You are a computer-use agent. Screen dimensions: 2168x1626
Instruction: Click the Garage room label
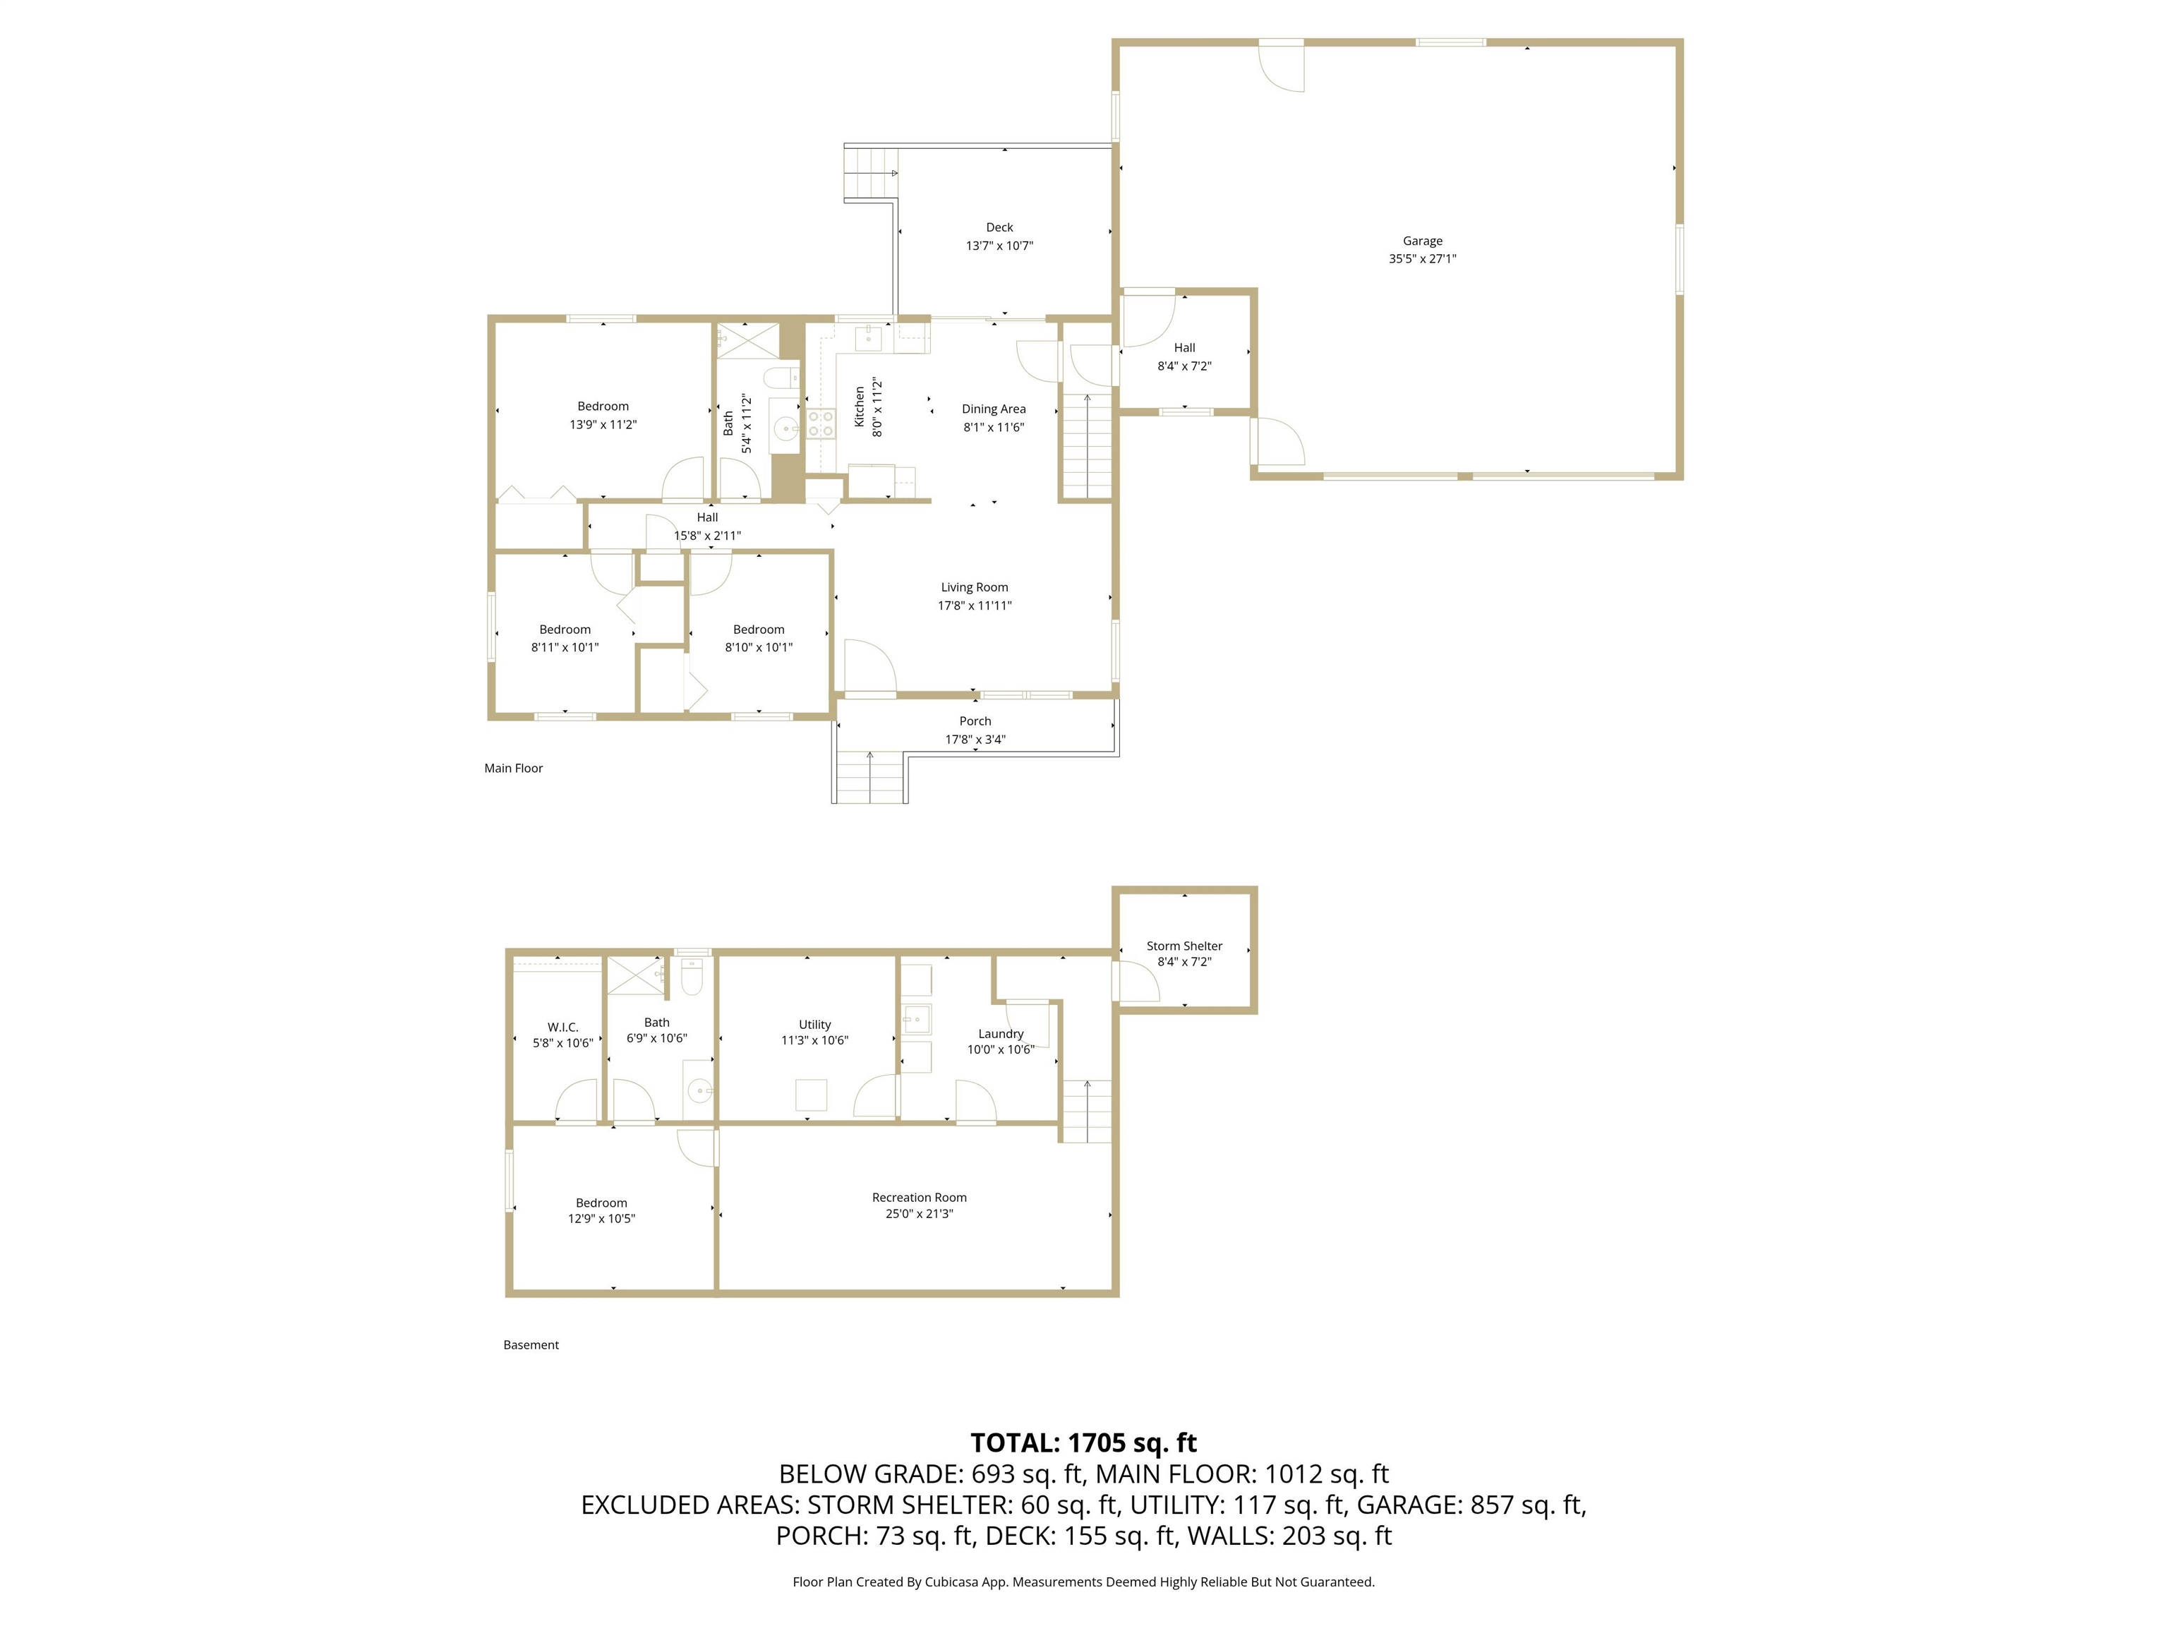click(x=1422, y=241)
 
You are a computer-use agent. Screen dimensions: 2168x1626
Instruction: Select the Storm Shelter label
click(x=1184, y=946)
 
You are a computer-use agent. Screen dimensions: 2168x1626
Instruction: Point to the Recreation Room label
click(x=920, y=1198)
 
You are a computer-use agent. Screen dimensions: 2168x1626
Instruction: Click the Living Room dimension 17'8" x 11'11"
click(x=974, y=606)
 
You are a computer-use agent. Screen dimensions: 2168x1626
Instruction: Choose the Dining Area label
click(x=994, y=410)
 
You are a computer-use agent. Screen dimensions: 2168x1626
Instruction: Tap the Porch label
click(x=975, y=721)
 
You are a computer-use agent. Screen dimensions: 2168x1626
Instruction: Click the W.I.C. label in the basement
click(x=562, y=1027)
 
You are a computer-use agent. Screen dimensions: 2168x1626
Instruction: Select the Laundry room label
click(x=1001, y=1034)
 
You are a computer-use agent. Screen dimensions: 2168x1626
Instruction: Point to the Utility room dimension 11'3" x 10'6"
click(x=814, y=1041)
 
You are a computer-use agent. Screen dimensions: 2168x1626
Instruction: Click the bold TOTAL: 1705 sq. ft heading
click(x=1084, y=1443)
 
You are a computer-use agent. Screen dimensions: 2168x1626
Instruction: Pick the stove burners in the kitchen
click(x=819, y=423)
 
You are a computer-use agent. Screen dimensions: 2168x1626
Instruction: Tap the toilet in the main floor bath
click(x=782, y=378)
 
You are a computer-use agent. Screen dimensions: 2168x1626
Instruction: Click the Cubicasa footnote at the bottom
click(x=1084, y=1582)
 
